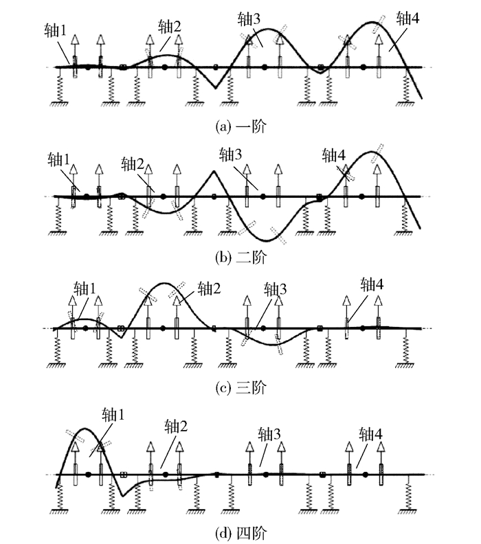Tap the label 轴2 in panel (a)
pos(170,26)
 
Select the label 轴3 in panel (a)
pos(247,19)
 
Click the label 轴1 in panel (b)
pos(60,159)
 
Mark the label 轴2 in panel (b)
pos(133,163)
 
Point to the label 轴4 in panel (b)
pos(333,154)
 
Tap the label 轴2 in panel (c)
pos(210,286)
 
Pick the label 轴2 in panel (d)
pos(177,427)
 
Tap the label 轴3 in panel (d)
pos(269,433)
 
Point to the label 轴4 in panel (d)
pos(371,433)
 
